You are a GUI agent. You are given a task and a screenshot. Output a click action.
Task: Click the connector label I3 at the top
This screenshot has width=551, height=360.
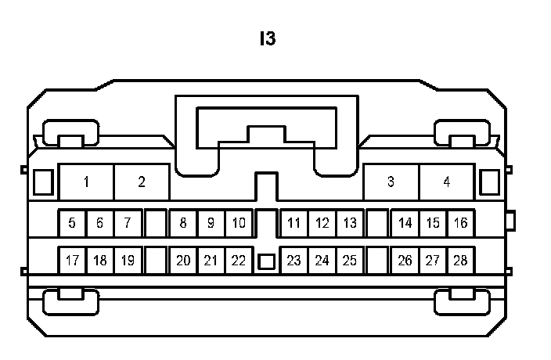268,38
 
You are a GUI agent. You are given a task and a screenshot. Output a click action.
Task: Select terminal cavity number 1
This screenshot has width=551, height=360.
86,182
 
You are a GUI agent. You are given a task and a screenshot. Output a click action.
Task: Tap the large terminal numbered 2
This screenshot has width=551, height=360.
142,182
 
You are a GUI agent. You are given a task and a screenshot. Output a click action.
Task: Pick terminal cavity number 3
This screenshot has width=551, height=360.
391,182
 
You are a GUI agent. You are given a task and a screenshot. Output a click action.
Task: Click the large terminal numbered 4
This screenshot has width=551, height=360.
446,182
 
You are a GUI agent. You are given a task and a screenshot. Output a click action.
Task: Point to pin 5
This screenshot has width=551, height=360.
72,223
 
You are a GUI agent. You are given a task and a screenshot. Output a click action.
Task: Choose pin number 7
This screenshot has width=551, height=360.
128,223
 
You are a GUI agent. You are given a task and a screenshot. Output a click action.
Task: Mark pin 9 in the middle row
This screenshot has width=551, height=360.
211,223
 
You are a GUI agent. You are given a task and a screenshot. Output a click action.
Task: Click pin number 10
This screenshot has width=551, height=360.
239,223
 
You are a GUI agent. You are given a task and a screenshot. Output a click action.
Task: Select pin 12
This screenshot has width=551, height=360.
322,223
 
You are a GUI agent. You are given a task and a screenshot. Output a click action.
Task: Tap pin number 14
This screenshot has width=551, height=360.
405,223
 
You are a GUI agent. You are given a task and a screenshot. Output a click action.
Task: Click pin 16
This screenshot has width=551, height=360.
460,223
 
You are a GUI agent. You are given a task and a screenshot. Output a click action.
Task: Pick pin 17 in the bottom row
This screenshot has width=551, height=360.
72,261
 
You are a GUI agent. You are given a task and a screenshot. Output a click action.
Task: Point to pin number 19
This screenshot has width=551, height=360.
128,261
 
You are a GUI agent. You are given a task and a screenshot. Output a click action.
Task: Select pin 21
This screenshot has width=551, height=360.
211,261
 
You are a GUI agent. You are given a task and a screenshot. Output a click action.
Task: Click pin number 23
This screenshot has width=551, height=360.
294,261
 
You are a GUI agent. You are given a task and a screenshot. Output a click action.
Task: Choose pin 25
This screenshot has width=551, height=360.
349,261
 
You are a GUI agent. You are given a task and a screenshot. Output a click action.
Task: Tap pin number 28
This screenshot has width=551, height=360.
460,261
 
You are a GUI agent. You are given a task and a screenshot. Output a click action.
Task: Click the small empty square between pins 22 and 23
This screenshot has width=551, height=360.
266,261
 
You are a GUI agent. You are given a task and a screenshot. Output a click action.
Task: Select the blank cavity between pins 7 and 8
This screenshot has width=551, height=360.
156,223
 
